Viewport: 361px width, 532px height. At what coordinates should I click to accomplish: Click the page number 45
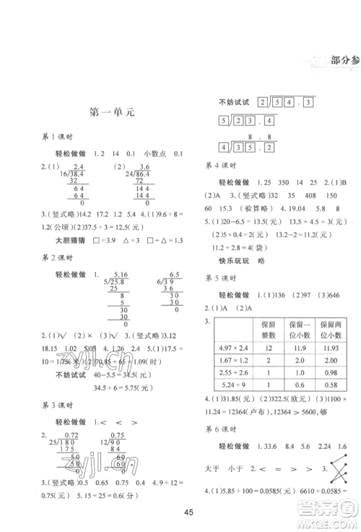point(187,512)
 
